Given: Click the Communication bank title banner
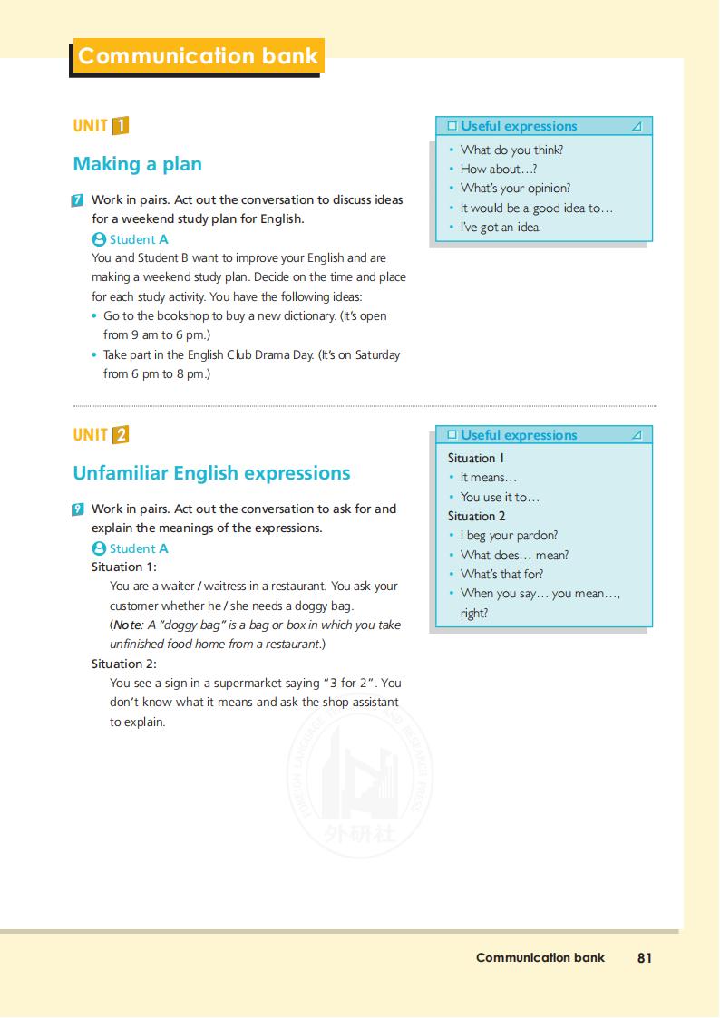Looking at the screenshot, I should (198, 56).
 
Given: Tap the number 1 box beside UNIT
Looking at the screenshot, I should (121, 126).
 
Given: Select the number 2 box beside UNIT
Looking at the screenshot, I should (121, 435).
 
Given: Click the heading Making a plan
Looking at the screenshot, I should (137, 164).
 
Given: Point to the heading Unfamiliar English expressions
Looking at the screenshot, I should (211, 473).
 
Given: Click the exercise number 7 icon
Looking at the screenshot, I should (78, 200).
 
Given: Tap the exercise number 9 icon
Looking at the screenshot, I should (78, 509).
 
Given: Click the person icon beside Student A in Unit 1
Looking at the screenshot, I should (99, 239).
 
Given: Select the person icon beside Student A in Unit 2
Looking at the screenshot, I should (99, 548).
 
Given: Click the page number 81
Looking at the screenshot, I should (645, 957).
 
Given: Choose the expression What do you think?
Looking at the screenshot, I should (511, 150).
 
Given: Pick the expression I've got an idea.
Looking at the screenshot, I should (501, 228).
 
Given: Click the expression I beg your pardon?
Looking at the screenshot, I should (509, 536).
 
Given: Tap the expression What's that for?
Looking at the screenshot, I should (501, 574).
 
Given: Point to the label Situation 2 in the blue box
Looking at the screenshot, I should (476, 516).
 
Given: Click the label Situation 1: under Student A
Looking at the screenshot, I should (124, 567).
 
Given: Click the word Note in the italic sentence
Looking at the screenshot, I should (126, 625).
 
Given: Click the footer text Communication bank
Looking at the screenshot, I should (540, 957).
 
